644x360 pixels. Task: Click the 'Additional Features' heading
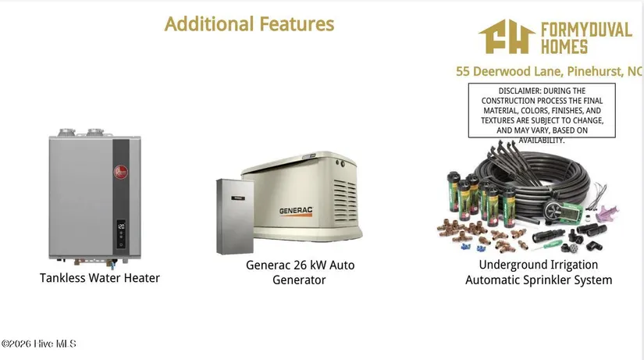click(x=249, y=24)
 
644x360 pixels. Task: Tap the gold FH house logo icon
click(x=507, y=37)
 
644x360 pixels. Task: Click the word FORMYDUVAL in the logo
click(x=586, y=30)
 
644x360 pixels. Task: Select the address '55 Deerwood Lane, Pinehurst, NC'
click(x=549, y=72)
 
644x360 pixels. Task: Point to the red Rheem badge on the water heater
click(x=121, y=172)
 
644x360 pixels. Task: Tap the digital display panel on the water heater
click(x=121, y=233)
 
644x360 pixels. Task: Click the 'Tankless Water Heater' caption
click(x=100, y=278)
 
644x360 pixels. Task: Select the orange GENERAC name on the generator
click(x=296, y=211)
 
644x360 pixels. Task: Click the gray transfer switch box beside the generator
click(x=235, y=216)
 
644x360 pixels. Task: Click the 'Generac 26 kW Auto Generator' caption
click(x=300, y=273)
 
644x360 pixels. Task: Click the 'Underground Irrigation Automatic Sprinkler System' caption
click(x=539, y=273)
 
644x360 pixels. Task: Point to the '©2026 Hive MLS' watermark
click(x=38, y=344)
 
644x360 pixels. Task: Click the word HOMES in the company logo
click(x=564, y=46)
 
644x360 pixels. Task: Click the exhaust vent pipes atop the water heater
click(x=81, y=132)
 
